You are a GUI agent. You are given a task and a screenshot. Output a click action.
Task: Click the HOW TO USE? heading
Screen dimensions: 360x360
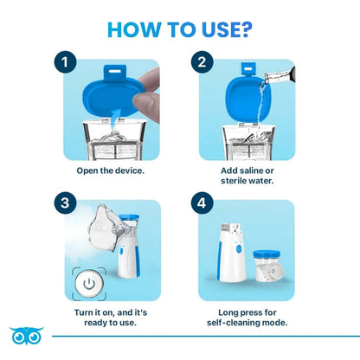coord(180,27)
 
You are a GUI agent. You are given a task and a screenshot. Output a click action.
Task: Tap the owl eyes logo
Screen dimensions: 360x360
coord(23,335)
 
